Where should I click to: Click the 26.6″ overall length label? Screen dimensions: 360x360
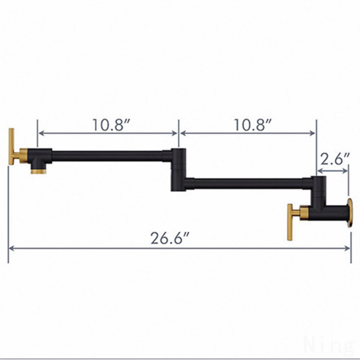point(170,238)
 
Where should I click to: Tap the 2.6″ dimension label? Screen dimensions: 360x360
point(335,159)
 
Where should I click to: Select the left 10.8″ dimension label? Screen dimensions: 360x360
point(111,125)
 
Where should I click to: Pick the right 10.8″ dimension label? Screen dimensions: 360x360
point(253,125)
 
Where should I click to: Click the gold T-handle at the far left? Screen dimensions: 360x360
point(11,146)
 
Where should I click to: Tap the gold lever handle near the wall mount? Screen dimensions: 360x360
point(290,222)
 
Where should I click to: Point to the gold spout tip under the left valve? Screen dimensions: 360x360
point(38,171)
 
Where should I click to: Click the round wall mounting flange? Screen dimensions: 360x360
point(350,213)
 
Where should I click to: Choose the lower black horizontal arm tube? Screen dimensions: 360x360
point(248,184)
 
